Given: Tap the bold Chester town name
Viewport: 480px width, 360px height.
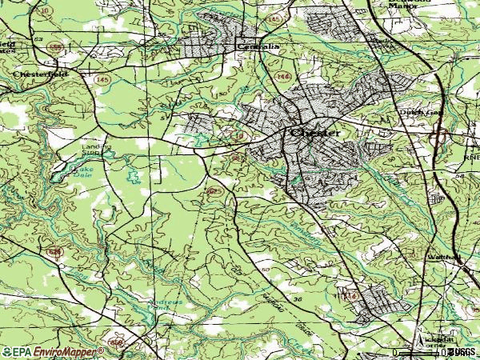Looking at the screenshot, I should click(x=315, y=133).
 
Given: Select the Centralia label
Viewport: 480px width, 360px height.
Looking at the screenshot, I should click(x=257, y=47).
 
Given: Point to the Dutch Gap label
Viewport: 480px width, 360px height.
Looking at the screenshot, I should click(x=421, y=114).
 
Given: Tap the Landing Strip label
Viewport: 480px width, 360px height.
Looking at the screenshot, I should click(x=95, y=150).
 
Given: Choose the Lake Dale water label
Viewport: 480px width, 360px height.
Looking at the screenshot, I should click(x=82, y=171).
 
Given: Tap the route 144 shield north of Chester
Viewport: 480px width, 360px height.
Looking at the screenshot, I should click(x=282, y=75).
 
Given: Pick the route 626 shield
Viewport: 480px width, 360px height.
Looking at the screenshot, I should click(x=54, y=252).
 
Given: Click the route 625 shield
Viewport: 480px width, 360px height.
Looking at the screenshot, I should click(x=213, y=191).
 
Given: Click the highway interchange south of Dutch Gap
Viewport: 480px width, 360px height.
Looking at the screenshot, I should click(x=438, y=138).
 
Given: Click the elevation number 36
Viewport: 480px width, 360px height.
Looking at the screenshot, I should click(x=298, y=299).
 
